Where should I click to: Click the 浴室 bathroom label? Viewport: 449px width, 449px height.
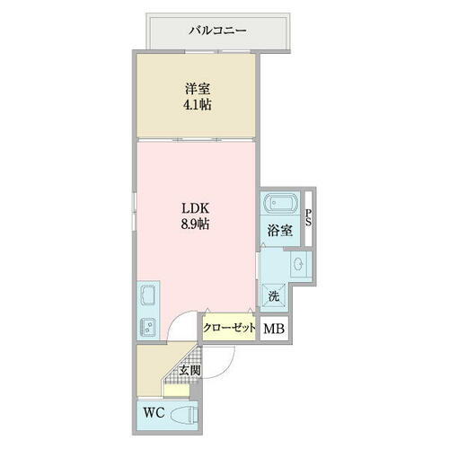pos(279,230)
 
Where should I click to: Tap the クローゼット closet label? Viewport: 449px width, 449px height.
pos(229,329)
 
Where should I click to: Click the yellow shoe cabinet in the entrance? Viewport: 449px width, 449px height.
pos(177,390)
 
